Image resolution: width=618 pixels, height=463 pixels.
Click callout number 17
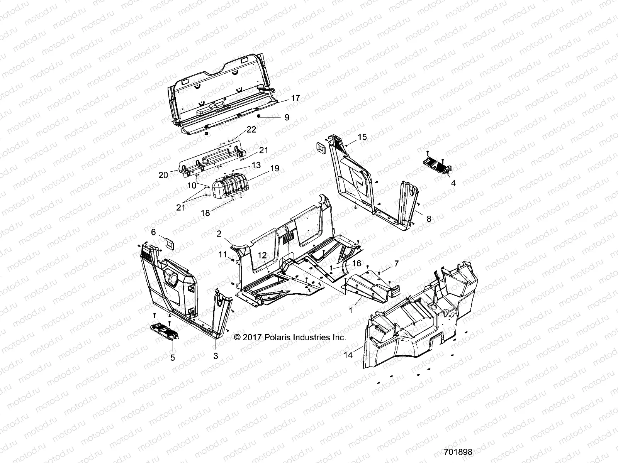coord(295,98)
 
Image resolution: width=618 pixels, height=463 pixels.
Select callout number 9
coord(287,118)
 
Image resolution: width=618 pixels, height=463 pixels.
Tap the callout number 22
coord(251,130)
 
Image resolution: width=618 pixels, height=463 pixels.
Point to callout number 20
coord(163,175)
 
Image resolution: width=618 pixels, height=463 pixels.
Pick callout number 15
coord(362,137)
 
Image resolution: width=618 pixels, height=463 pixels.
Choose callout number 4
coord(453,184)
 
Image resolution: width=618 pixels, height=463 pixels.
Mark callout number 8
coord(428,219)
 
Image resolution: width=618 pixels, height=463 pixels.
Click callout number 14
coord(348,355)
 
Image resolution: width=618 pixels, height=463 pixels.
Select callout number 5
coord(172,358)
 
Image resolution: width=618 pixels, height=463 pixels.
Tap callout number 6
coord(153,232)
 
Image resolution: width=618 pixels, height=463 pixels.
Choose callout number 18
coord(205,213)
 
